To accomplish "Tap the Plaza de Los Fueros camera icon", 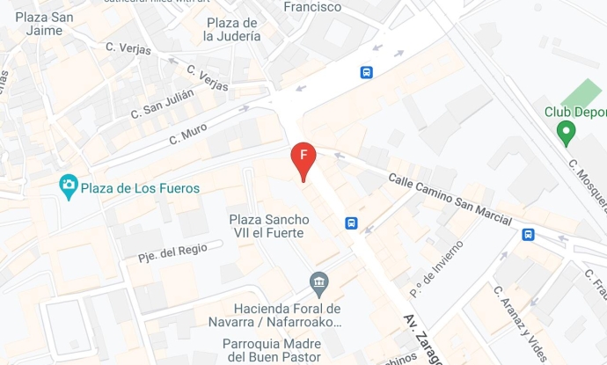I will click(x=69, y=186).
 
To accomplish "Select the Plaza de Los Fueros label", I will click(x=140, y=188).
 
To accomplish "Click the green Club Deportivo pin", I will click(x=566, y=133).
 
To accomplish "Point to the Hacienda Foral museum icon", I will click(x=319, y=282).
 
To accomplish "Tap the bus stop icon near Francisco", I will click(x=366, y=73).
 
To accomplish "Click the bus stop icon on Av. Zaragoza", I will click(x=351, y=223).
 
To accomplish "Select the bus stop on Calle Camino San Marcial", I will click(x=528, y=234).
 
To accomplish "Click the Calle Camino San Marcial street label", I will click(x=450, y=199).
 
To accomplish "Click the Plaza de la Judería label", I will click(x=231, y=30).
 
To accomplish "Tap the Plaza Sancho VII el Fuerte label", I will click(x=267, y=225).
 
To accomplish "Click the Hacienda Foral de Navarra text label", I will click(x=287, y=315).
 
